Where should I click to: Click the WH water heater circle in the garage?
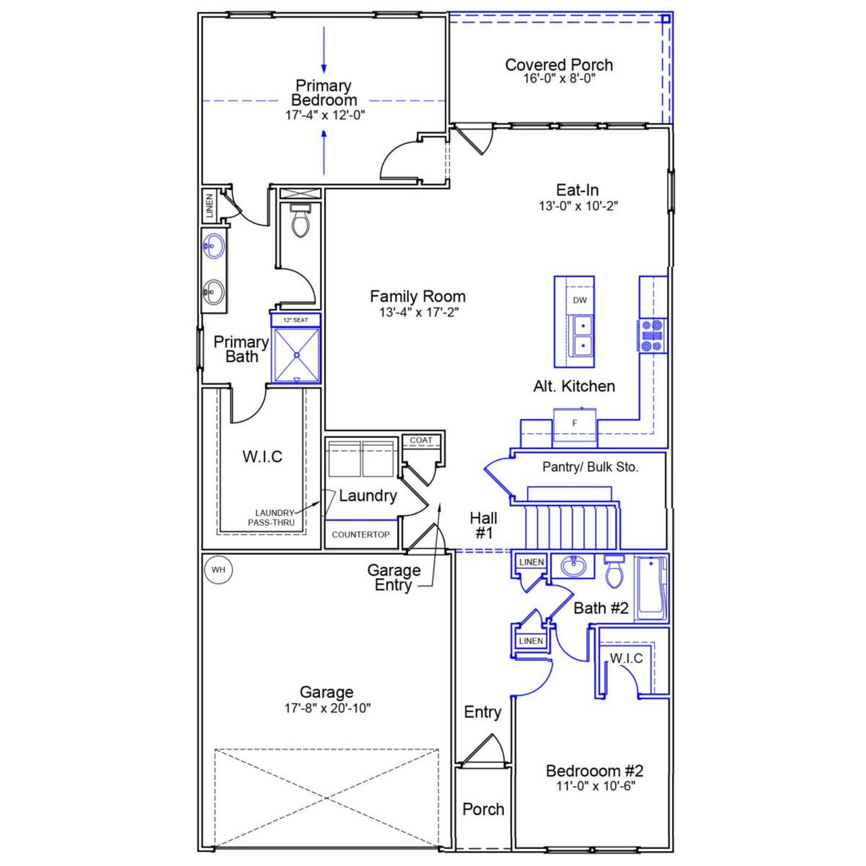pos(218,570)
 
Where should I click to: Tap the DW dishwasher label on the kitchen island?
pos(580,300)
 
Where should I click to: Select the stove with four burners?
pos(652,336)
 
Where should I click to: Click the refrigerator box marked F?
pos(575,424)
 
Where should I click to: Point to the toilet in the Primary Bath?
pos(299,221)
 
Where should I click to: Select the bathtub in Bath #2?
pos(652,587)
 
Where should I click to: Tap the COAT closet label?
pos(421,440)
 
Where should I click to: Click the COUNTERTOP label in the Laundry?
pos(361,534)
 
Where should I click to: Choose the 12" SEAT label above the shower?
pos(296,320)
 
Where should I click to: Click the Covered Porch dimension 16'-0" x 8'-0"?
pos(559,78)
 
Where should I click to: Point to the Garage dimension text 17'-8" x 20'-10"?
pos(327,708)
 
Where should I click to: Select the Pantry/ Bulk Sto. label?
pos(590,467)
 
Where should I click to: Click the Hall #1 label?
pos(484,526)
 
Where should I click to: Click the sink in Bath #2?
pos(573,566)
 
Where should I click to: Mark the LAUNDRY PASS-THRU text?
pos(275,518)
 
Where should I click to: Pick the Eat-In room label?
pos(577,190)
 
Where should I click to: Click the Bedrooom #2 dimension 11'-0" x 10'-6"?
pos(595,786)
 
